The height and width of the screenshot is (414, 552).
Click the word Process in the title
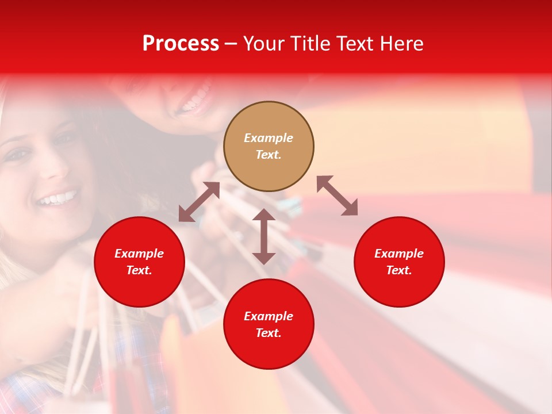coord(181,44)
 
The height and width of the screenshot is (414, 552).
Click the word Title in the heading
coord(310,44)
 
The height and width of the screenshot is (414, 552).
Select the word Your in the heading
coord(264,44)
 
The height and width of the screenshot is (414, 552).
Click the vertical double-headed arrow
coord(264,236)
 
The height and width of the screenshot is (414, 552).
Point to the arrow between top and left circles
coord(199,202)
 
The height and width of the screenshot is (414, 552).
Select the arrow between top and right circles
coord(337,195)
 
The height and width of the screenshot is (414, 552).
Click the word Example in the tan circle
coord(269,138)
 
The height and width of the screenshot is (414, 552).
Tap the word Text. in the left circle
coord(139,270)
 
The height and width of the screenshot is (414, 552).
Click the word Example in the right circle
coord(399,254)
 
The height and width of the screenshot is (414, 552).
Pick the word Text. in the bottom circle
coord(269,333)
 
